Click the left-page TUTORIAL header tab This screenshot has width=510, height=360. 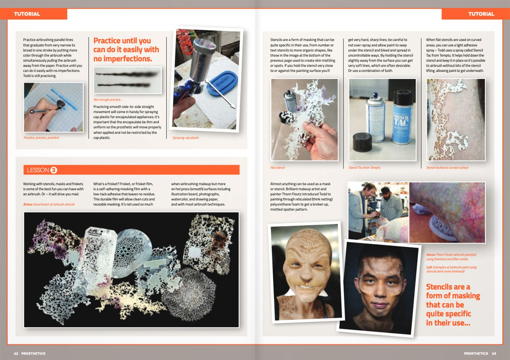click(x=27, y=14)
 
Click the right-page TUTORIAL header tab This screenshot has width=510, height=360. click(x=481, y=14)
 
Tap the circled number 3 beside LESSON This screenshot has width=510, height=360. click(x=54, y=170)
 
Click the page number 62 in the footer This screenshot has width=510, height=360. click(x=16, y=353)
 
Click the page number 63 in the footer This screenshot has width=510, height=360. click(x=494, y=353)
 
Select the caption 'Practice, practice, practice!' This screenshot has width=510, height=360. click(x=41, y=138)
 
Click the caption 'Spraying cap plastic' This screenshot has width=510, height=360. click(x=186, y=138)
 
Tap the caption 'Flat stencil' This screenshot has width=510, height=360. click(x=277, y=168)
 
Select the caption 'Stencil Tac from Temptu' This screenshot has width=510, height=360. click(x=364, y=168)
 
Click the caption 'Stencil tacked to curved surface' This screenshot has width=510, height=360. click(x=447, y=168)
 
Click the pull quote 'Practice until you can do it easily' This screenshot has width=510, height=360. click(x=126, y=50)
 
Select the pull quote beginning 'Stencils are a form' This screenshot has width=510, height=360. click(x=453, y=305)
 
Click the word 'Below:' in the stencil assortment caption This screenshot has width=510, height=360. click(x=28, y=205)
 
